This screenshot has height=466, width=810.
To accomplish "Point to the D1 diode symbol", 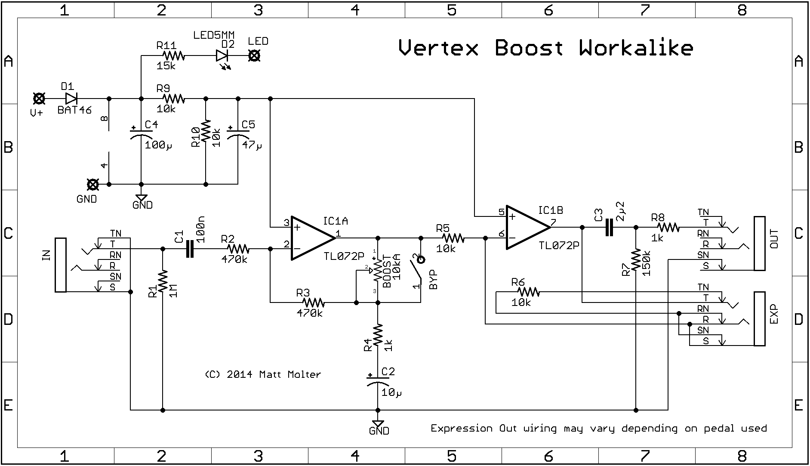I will [71, 99].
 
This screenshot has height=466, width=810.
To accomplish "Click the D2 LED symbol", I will [222, 56].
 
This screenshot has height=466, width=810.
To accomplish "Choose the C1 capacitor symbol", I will [190, 249].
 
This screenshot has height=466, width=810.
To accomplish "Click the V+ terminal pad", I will [39, 99].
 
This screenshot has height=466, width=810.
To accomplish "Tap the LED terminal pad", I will [255, 56].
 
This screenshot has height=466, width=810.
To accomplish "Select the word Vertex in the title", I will [438, 47].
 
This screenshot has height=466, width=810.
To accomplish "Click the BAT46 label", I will [74, 110].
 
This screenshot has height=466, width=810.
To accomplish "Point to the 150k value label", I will [647, 262].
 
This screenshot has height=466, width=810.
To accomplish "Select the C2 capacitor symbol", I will [378, 380].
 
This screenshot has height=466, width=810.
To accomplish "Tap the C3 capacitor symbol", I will [609, 227].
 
